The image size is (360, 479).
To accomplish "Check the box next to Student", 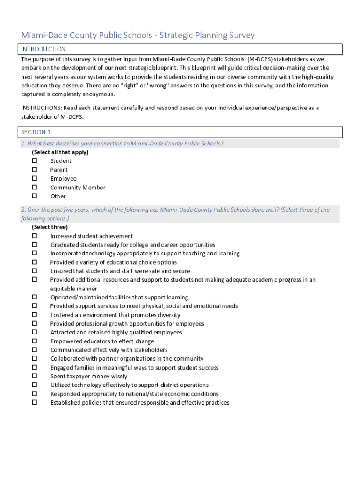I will (35, 161).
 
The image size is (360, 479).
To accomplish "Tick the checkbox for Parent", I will (35, 170).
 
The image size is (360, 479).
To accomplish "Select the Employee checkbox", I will (35, 178).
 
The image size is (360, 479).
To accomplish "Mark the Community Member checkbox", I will (35, 187).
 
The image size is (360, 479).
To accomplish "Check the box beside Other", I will (35, 196).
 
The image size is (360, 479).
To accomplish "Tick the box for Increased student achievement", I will (35, 236).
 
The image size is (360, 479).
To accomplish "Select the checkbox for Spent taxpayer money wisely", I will (35, 376).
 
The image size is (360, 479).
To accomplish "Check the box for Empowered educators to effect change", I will (35, 341).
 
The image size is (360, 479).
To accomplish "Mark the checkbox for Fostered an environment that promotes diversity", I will (35, 315).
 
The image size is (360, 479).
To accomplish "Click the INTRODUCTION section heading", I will (43, 49).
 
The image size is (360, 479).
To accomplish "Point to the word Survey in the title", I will (240, 36).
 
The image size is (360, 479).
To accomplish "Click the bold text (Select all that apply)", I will (60, 152).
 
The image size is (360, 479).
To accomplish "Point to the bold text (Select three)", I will (50, 227).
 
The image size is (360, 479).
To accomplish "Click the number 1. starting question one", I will (23, 144).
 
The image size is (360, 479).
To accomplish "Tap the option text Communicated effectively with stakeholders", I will (109, 350).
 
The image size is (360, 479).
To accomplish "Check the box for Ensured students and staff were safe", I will (35, 271).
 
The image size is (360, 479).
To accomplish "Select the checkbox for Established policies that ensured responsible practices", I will (35, 402).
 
